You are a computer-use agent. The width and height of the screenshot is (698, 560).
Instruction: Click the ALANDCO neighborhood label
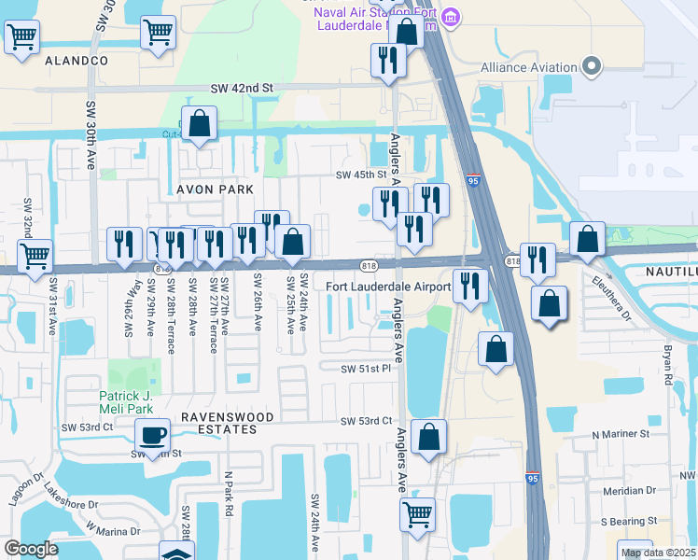(x=77, y=61)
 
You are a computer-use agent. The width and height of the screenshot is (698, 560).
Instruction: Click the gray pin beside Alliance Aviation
(x=590, y=66)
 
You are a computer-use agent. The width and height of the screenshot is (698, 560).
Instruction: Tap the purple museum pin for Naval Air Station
(x=452, y=17)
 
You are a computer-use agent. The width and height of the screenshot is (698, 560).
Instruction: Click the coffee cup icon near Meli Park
(x=152, y=434)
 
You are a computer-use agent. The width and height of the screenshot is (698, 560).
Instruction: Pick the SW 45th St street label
(x=361, y=175)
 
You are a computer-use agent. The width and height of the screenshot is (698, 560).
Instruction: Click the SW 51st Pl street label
(x=365, y=369)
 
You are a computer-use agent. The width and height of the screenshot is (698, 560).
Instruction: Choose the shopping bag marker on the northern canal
(x=200, y=123)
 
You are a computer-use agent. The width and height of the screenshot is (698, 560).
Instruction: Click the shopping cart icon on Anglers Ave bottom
(x=417, y=513)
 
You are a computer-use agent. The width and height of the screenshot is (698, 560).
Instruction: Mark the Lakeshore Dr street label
(x=70, y=504)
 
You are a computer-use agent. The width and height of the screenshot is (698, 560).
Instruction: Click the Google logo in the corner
(x=32, y=549)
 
